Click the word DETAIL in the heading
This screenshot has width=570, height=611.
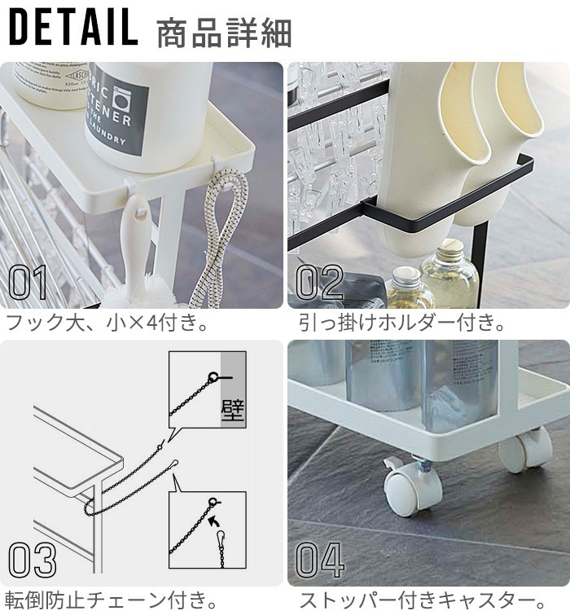[73, 29]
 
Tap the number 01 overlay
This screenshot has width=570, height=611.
[29, 282]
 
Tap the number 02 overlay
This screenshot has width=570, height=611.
[319, 282]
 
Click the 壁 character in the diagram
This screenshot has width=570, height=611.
[232, 407]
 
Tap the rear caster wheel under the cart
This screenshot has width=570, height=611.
[524, 448]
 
